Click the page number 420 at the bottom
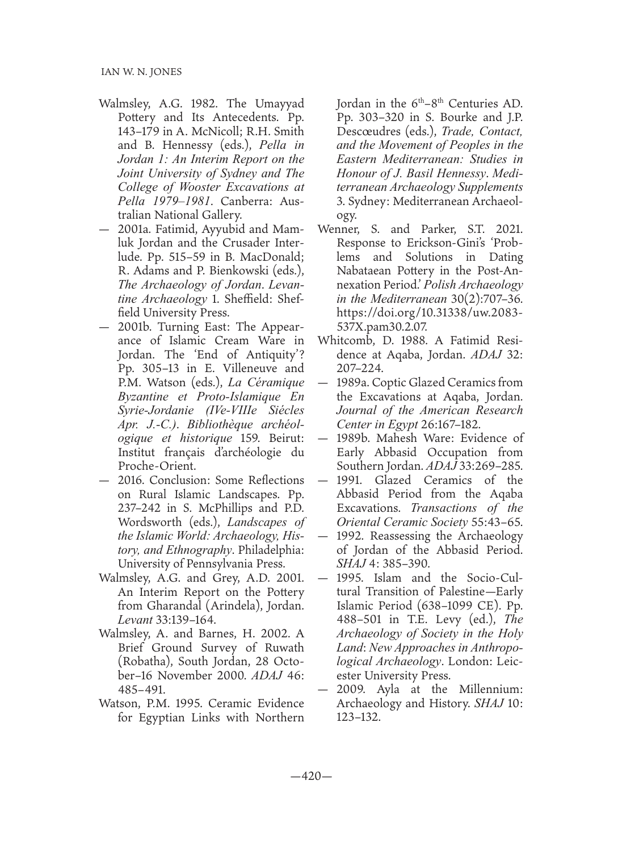[319, 776]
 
